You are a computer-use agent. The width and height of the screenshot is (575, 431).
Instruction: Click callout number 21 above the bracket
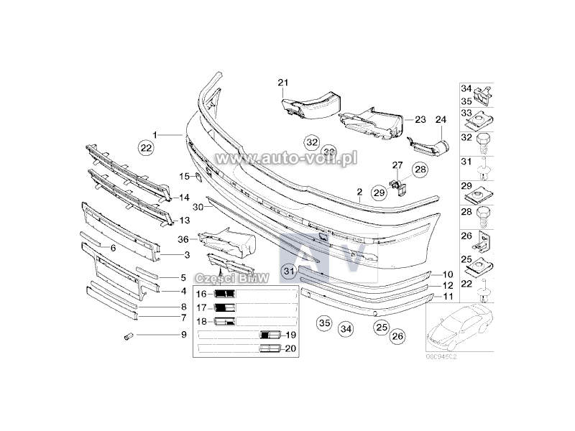pos(282,83)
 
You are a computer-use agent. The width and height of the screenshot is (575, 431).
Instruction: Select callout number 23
pos(420,119)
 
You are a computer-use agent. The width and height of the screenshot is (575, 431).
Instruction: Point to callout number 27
pos(396,165)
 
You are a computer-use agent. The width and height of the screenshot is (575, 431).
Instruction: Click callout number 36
pos(183,239)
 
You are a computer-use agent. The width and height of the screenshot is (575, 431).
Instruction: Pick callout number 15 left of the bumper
pos(184,176)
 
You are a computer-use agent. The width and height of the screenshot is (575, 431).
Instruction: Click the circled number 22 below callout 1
pos(146,148)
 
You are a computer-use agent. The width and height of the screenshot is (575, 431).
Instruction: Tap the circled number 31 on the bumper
pos(288,271)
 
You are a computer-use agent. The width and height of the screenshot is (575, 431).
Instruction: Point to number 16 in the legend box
pos(202,294)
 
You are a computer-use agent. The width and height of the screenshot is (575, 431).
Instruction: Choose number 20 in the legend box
pos(290,348)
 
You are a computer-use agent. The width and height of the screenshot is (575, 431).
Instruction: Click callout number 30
pos(198,206)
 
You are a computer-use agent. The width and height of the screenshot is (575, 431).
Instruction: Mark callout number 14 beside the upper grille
pos(184,197)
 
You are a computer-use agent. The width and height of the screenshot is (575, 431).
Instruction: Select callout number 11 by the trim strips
pos(447,295)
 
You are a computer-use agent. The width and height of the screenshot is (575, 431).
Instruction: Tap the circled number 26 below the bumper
pos(398,335)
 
